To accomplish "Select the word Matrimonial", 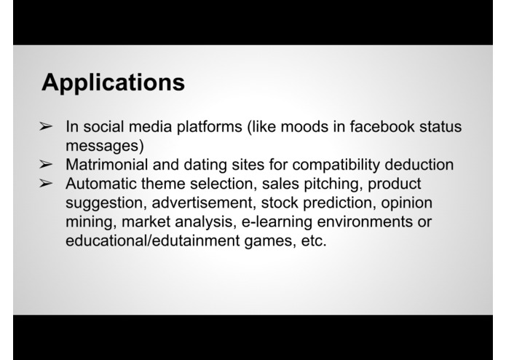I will click(105, 165).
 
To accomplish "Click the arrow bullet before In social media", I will click(45, 128).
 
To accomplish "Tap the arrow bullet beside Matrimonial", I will click(45, 165).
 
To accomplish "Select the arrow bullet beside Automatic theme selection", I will click(45, 184).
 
